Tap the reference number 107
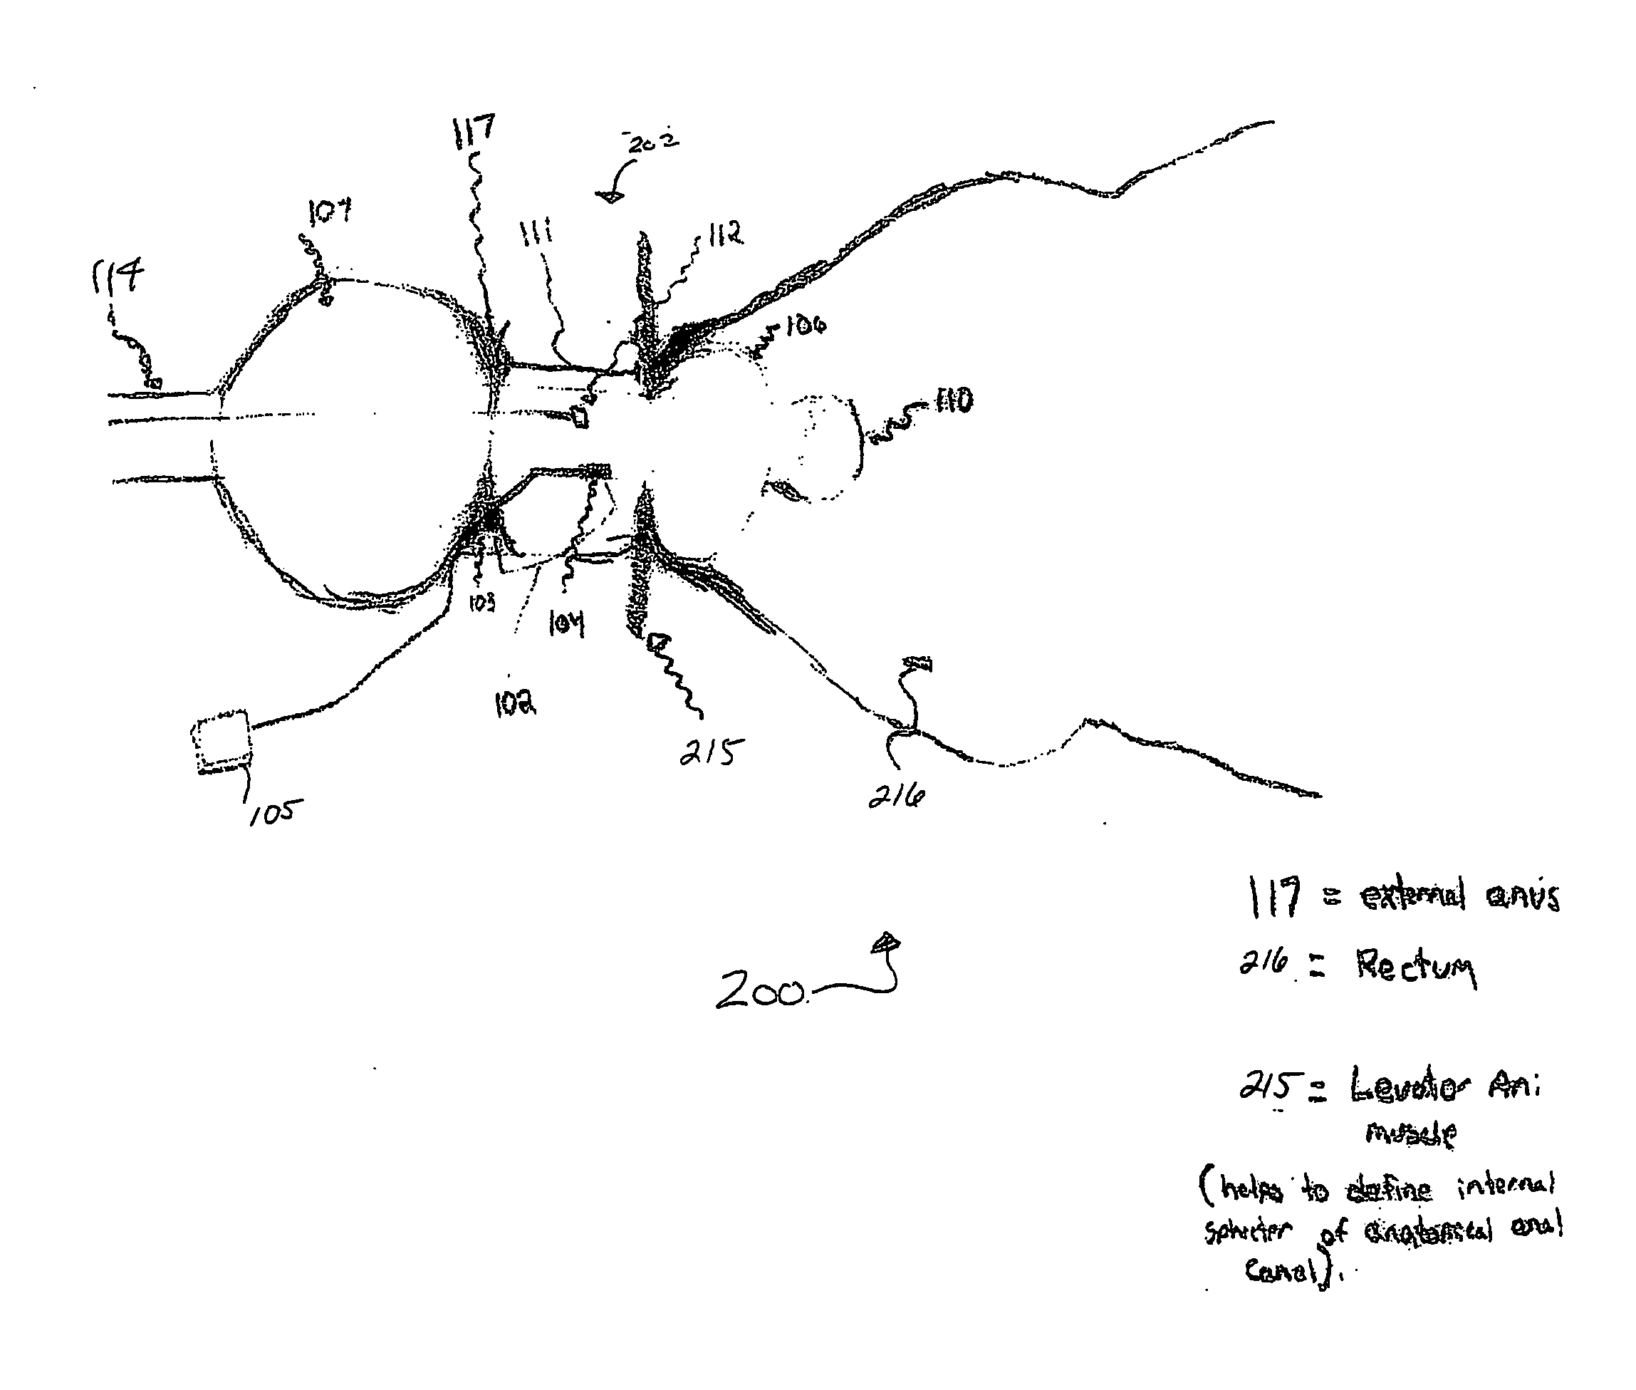329,211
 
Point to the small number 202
653,142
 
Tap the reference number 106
805,324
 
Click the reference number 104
566,624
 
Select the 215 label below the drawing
712,752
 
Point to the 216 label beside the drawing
897,797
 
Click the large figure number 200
759,990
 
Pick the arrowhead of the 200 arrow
886,943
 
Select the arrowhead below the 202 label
610,196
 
